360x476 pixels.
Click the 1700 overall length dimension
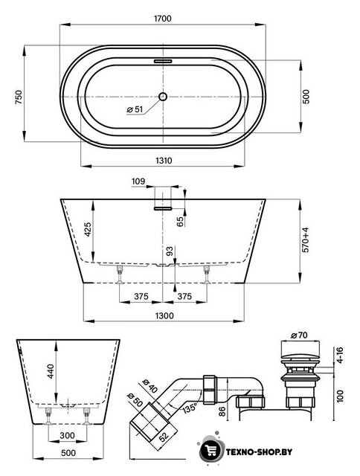pos(163,19)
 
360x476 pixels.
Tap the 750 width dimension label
pos(19,97)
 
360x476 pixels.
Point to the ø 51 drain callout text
pos(135,109)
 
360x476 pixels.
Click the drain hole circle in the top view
pos(163,97)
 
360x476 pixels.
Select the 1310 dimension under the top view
pos(164,161)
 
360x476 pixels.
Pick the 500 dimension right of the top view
pos(306,97)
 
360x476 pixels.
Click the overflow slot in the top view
pos(163,61)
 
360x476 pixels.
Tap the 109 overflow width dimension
pos(138,181)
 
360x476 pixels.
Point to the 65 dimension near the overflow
pos(180,222)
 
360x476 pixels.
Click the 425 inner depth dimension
pos(88,230)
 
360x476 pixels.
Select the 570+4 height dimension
pos(305,239)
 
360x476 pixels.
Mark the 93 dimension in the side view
pos(170,251)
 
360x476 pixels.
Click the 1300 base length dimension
pos(164,315)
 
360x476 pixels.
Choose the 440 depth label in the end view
pos(50,371)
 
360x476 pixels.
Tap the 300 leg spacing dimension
pos(67,436)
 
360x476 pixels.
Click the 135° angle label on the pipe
pos(190,408)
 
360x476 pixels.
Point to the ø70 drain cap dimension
pos(299,335)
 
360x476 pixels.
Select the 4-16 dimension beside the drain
pos(340,355)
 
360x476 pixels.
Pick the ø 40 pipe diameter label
pos(150,386)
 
